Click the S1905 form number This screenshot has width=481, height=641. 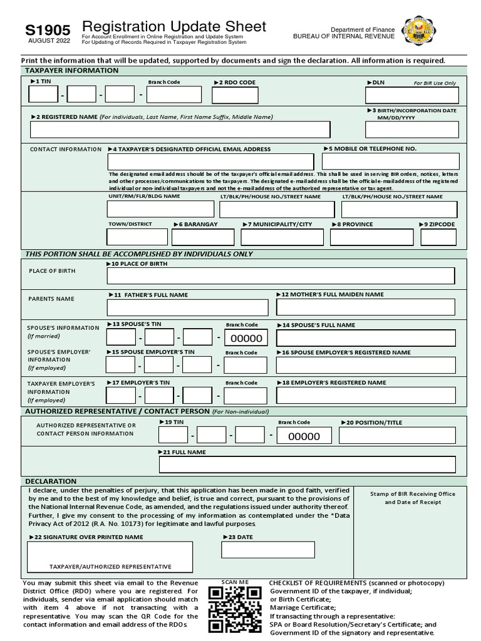(x=48, y=30)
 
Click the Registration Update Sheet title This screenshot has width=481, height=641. (x=173, y=27)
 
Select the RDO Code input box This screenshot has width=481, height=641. (x=234, y=95)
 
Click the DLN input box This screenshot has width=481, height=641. (x=411, y=95)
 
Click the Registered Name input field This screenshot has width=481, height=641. (x=180, y=130)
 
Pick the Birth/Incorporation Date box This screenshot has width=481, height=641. (x=411, y=130)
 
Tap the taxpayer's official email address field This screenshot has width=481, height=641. (x=211, y=162)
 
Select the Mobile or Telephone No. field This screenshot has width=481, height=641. (x=390, y=162)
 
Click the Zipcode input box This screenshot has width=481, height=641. (x=440, y=237)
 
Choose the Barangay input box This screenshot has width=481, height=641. (x=202, y=237)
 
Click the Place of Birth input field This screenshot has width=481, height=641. (x=281, y=276)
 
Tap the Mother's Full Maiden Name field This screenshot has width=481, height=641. (x=366, y=307)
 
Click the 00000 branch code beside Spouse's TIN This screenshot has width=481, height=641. (x=246, y=339)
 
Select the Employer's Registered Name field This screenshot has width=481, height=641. (x=366, y=396)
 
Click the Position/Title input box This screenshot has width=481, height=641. (x=398, y=436)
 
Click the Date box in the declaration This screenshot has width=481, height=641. (x=268, y=550)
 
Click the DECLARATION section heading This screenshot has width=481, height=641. (x=51, y=481)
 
